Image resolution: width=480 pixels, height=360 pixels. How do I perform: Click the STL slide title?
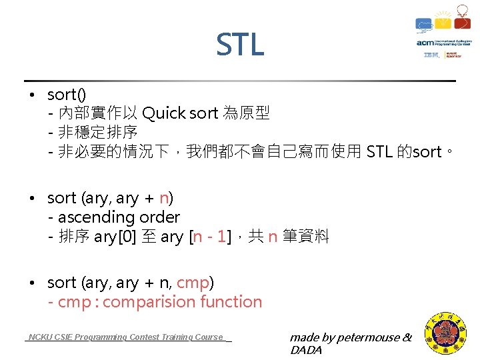(x=240, y=45)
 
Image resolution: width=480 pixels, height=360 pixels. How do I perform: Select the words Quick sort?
(x=179, y=113)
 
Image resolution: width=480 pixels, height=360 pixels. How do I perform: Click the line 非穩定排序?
(x=98, y=132)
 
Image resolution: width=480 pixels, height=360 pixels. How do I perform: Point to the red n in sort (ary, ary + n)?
(x=163, y=198)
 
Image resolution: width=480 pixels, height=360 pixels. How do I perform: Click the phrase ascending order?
(x=119, y=217)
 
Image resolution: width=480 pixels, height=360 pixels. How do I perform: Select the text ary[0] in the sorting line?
(x=115, y=237)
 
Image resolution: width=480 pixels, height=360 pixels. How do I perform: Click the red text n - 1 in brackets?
(x=212, y=237)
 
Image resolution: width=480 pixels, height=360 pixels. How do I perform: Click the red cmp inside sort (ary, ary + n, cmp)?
(x=193, y=283)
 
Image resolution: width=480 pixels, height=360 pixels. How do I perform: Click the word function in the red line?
(x=229, y=302)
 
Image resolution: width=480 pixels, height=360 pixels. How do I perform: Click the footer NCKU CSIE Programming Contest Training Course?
(x=127, y=337)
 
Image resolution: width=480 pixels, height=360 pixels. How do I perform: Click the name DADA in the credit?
(x=306, y=350)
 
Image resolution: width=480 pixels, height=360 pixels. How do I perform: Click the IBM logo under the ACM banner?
(x=431, y=55)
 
